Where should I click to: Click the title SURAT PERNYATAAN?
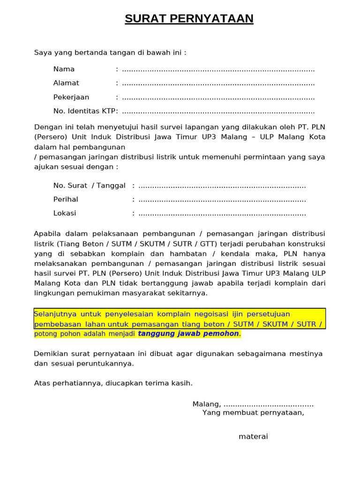[x=189, y=19]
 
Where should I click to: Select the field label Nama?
[x=64, y=69]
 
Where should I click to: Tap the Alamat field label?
[x=66, y=83]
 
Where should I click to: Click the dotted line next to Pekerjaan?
[x=218, y=98]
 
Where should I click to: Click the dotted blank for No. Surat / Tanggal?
[x=222, y=186]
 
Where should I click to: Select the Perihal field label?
[x=66, y=200]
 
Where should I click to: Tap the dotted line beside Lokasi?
[x=222, y=214]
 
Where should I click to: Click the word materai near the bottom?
[x=253, y=436]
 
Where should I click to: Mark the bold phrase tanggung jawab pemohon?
[x=188, y=334]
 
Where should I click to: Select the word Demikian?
[x=50, y=354]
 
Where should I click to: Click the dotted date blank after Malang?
[x=269, y=405]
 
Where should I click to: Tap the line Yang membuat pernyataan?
[x=253, y=413]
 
